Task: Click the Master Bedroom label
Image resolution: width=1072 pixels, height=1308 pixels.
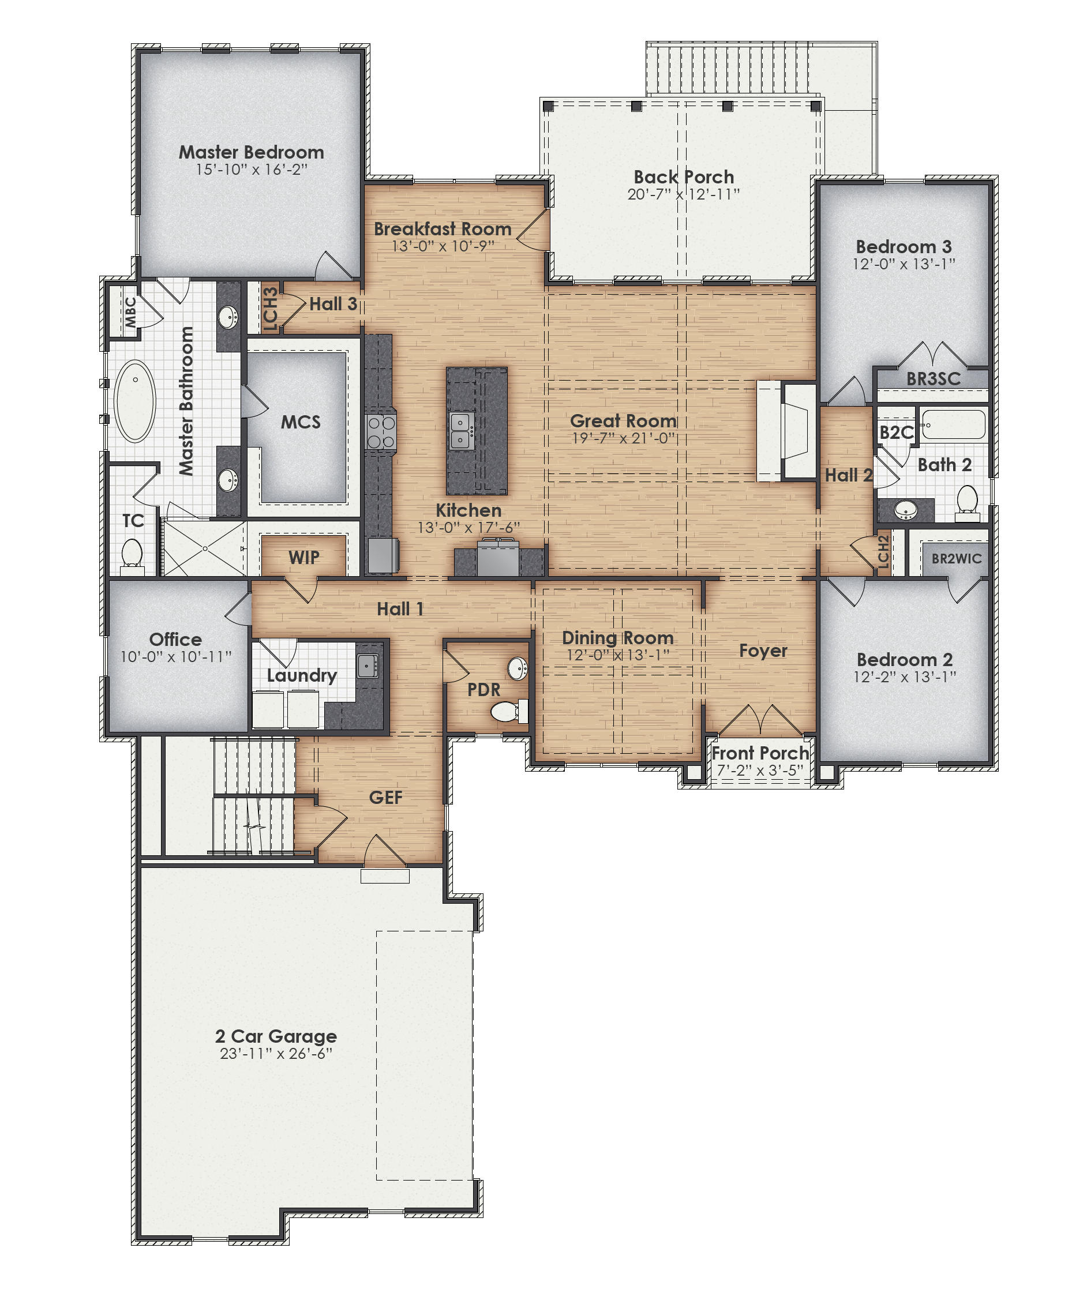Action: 251,152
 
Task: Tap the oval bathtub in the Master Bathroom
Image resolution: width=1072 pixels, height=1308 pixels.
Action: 135,401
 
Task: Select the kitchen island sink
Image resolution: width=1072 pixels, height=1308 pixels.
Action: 461,430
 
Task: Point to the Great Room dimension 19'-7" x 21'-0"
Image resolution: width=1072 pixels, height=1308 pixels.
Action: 623,438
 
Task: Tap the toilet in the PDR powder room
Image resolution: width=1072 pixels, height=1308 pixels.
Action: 508,712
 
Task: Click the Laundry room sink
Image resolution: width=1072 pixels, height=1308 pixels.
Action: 368,666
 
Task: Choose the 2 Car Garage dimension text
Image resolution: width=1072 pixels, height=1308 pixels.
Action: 276,1054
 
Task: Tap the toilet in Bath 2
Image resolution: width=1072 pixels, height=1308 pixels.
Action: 966,500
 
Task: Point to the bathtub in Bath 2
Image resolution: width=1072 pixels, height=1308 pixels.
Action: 954,424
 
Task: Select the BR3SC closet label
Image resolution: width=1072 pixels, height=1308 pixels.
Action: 933,379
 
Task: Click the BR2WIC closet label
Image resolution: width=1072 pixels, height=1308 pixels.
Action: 956,559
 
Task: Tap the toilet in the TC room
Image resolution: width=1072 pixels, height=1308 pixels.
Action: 132,553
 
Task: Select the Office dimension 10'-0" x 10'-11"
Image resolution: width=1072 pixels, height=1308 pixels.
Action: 175,657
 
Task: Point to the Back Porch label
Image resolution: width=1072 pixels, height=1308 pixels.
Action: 684,177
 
